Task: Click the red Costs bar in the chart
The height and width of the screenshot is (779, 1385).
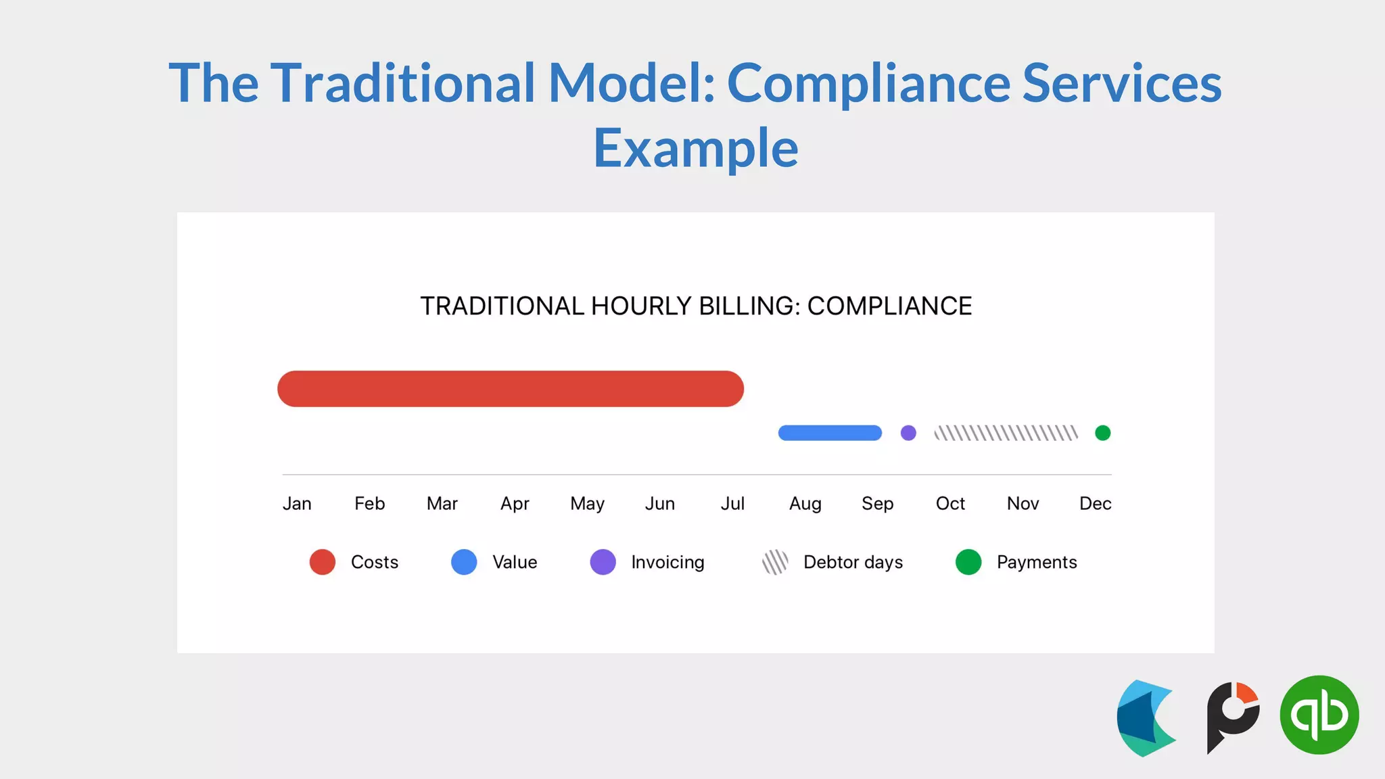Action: click(x=511, y=389)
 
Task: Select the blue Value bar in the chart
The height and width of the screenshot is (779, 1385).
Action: click(x=830, y=433)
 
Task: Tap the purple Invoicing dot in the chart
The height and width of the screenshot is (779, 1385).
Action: click(x=908, y=433)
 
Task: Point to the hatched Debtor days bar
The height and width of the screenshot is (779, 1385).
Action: click(x=1006, y=433)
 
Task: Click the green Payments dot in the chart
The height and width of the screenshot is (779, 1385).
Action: click(x=1102, y=433)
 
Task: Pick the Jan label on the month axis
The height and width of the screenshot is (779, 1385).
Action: click(x=297, y=504)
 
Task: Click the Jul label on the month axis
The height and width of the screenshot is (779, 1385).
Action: click(x=732, y=504)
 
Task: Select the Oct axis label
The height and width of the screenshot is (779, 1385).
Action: click(x=950, y=504)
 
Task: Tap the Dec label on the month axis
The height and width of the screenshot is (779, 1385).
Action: click(x=1095, y=504)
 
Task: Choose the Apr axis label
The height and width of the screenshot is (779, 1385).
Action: click(x=515, y=504)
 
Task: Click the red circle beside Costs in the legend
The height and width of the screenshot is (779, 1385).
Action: click(x=323, y=562)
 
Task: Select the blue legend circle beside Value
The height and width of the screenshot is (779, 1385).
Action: click(x=464, y=562)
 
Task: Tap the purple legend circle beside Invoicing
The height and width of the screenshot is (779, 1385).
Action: click(x=603, y=562)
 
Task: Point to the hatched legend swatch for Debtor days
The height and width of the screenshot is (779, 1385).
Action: click(x=775, y=562)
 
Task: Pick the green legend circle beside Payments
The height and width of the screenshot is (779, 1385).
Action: click(x=968, y=562)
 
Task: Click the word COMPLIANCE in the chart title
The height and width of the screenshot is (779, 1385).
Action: click(x=889, y=306)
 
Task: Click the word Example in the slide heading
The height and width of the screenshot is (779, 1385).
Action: click(x=695, y=148)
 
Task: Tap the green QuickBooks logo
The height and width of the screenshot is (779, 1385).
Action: click(x=1319, y=715)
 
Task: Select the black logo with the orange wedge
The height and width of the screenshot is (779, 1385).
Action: click(x=1232, y=717)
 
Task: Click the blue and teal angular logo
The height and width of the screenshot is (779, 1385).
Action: click(x=1146, y=718)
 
